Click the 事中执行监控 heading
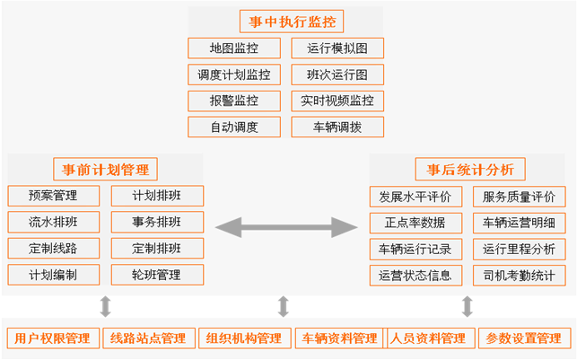tap(293, 21)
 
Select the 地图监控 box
tap(233, 48)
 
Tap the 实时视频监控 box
tap(337, 101)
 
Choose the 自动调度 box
tap(233, 127)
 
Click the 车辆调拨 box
tap(337, 127)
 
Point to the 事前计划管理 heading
tap(105, 169)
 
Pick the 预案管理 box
tap(53, 196)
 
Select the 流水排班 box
tap(53, 222)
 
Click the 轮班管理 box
tap(157, 275)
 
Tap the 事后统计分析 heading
tap(470, 169)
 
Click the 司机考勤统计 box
tap(520, 275)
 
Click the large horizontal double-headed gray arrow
tap(286, 226)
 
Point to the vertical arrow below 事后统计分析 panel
tap(468, 306)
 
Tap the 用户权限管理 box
tap(53, 338)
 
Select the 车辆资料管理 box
tap(339, 338)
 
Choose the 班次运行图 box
tap(337, 75)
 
